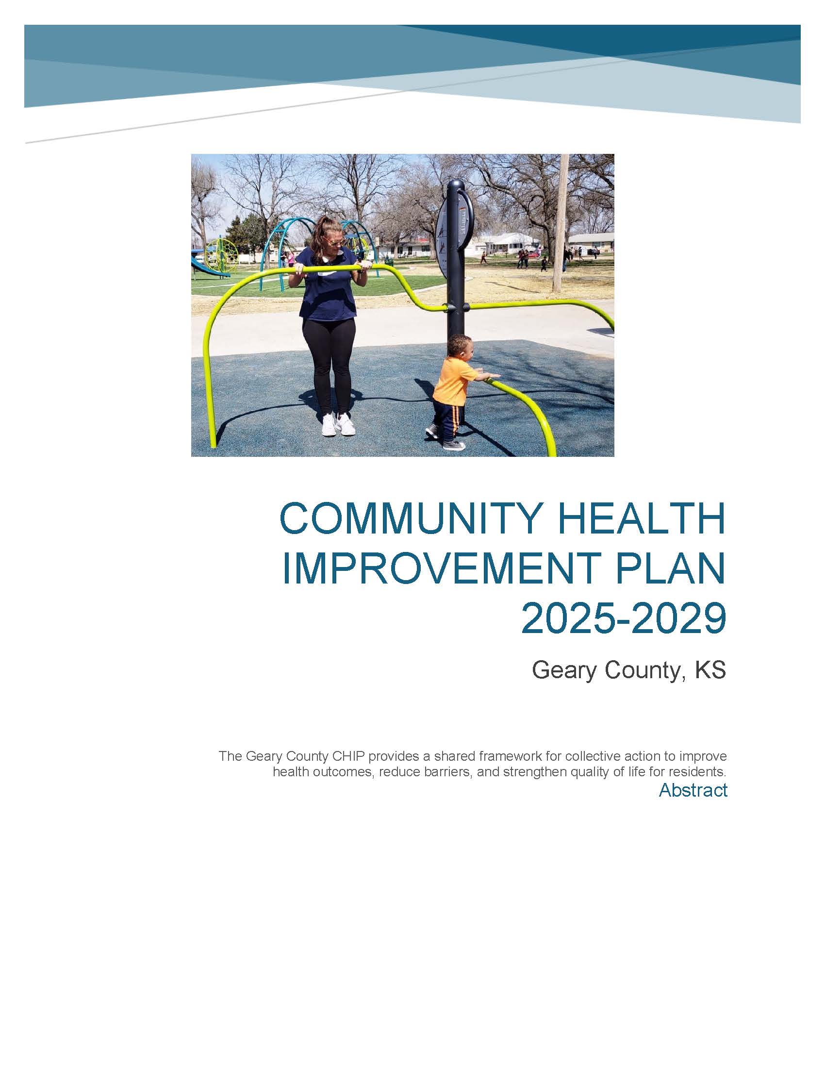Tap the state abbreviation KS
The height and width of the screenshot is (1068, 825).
coord(710,670)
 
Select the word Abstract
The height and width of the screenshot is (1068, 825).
coord(693,791)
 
